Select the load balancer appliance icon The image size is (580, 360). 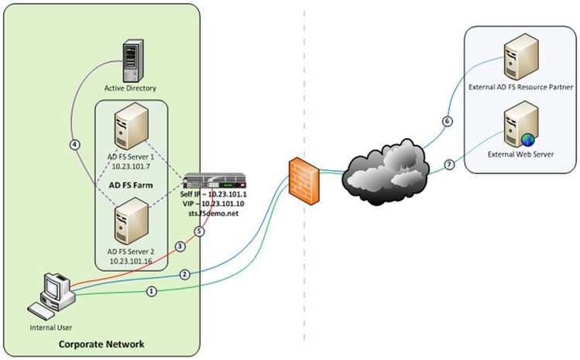216,184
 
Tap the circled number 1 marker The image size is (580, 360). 152,291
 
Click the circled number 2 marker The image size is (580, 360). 184,274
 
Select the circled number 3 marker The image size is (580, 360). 180,246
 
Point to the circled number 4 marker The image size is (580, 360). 74,144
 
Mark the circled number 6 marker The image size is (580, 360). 446,122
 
